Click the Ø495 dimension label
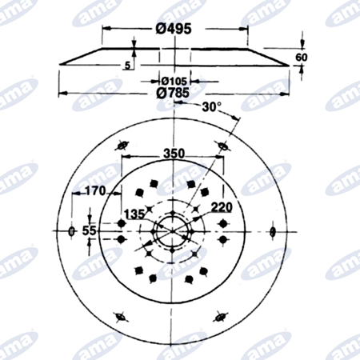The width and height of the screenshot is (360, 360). [174, 29]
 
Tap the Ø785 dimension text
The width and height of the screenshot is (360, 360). [173, 93]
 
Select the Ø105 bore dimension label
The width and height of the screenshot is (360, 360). [174, 81]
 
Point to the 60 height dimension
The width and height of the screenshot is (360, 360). [302, 57]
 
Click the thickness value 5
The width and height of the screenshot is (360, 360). [128, 66]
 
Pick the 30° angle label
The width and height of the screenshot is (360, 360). [211, 107]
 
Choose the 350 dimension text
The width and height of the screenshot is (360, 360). [174, 154]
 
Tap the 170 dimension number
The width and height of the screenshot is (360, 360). [95, 191]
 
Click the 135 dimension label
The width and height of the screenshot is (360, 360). [134, 214]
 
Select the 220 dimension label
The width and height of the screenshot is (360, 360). [222, 207]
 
